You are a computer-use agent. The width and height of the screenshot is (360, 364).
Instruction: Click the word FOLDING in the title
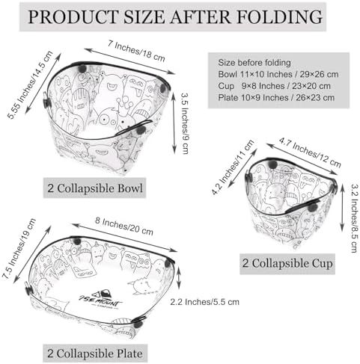tap(279, 17)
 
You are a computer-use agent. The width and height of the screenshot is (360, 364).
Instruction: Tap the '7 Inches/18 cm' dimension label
tap(136, 51)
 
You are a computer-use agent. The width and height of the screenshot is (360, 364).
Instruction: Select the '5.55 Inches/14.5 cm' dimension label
tap(31, 84)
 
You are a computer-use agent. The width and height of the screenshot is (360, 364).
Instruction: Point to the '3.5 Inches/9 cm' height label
tap(184, 123)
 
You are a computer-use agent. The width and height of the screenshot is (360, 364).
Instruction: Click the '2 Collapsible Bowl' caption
tap(95, 188)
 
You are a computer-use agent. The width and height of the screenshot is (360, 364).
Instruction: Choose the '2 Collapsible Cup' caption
tap(287, 264)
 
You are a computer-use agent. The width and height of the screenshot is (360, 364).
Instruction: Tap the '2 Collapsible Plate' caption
tap(95, 354)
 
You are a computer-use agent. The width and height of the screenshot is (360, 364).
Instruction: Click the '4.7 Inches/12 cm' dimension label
tap(310, 152)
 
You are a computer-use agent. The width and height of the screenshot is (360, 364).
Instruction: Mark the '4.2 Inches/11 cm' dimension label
tap(233, 167)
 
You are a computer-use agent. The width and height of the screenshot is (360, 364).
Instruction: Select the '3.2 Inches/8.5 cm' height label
tap(355, 218)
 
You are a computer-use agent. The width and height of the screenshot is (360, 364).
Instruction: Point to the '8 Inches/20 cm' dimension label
tap(124, 226)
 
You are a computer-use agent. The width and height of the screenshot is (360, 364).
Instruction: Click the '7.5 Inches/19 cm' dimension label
tap(19, 248)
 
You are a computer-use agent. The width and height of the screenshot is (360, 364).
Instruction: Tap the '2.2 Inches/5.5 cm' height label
tap(205, 302)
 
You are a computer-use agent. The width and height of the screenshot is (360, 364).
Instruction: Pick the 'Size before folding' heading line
tap(254, 63)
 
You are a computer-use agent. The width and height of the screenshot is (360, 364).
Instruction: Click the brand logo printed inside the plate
tap(101, 300)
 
